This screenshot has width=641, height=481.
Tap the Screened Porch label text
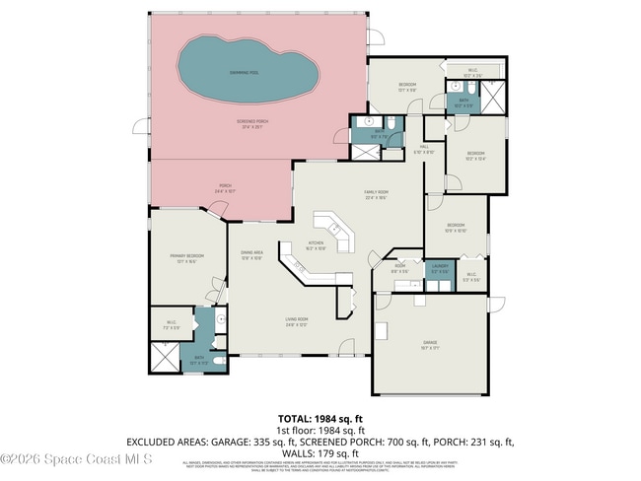252,123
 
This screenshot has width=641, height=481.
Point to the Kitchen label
317,245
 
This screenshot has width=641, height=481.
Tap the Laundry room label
440,267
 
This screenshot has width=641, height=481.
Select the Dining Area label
251,255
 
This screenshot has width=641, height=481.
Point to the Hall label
424,149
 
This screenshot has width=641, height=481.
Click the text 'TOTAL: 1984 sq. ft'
320,419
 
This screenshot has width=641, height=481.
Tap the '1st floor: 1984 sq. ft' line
320,431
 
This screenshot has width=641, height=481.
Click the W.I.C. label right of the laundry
470,277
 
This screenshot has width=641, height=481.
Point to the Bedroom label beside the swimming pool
406,87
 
